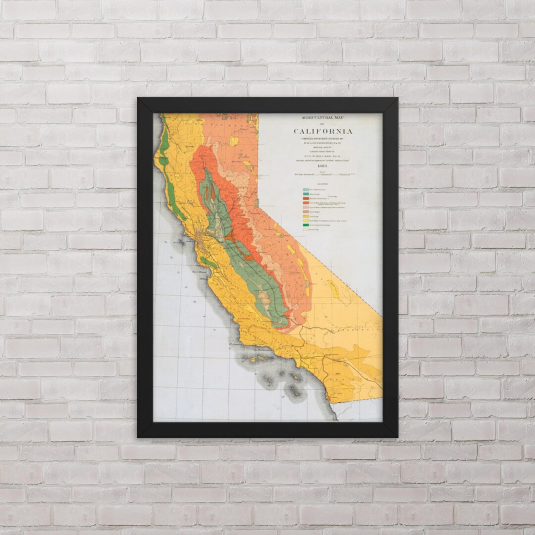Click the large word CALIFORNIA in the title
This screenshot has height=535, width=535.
coord(323,131)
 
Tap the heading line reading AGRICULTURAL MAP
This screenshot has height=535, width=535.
coord(323,118)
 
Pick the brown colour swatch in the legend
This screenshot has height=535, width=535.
coord(306,199)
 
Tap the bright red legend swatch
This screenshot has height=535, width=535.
coord(306,204)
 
